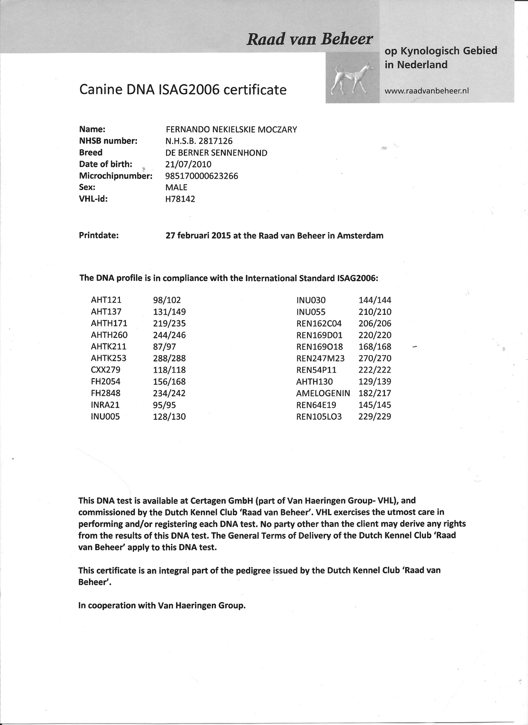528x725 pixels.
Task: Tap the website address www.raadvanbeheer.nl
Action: coord(427,91)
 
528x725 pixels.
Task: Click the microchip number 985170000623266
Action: coord(202,176)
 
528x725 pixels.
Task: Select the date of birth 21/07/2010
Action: coord(188,164)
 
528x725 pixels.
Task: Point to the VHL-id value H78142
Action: coord(180,199)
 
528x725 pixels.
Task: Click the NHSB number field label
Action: coord(108,141)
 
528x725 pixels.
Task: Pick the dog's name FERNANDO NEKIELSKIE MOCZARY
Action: coord(231,130)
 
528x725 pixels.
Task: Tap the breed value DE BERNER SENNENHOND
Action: coord(216,153)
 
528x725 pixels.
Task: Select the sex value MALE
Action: coord(176,187)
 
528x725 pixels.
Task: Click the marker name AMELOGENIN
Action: coord(323,393)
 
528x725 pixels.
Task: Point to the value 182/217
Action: coord(374,393)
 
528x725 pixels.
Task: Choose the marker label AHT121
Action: coord(106,300)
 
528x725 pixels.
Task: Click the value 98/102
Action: coord(167,300)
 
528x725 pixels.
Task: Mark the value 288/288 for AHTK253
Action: coord(169,358)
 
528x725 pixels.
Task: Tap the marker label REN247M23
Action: coord(320,358)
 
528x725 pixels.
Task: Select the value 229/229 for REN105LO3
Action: coord(374,417)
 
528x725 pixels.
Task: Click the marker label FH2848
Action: coord(106,393)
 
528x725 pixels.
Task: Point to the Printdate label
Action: coord(99,235)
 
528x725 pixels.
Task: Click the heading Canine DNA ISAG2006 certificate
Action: coord(182,90)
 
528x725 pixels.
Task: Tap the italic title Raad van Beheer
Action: coord(309,39)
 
